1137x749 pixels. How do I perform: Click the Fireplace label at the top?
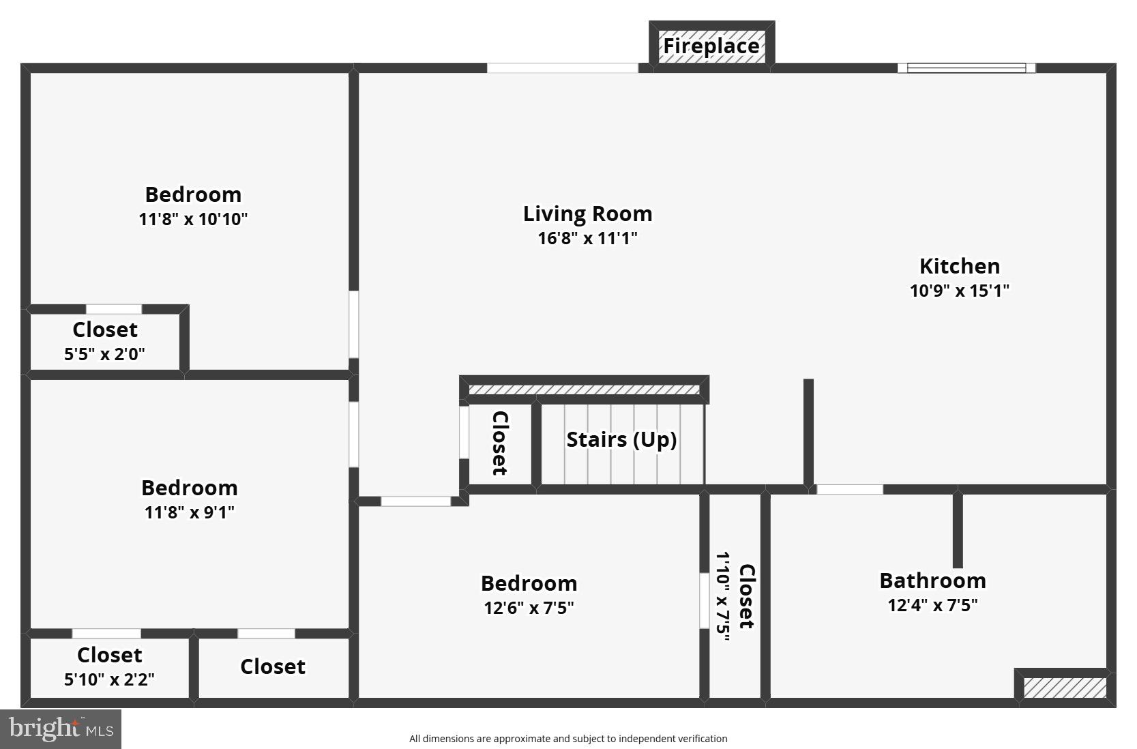711,46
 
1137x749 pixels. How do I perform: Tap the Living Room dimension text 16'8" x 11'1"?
587,238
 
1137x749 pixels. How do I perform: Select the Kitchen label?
959,266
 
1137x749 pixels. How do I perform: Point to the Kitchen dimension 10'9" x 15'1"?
959,291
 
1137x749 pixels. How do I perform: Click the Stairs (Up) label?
621,439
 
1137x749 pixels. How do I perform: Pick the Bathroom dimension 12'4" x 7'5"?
932,605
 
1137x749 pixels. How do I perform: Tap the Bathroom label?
932,581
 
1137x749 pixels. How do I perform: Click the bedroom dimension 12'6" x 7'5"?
529,608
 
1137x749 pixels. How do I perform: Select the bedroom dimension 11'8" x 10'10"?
193,219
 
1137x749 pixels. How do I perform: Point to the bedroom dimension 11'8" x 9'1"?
189,512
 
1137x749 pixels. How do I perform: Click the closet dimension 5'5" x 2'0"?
104,354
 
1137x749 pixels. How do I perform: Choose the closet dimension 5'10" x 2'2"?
109,679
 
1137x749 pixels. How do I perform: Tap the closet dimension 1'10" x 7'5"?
722,597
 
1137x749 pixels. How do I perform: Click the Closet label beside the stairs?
500,443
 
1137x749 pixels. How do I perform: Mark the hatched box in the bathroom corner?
1064,688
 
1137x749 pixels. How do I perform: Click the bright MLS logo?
61,729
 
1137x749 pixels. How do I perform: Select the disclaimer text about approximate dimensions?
568,739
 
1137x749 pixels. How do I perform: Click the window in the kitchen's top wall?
966,68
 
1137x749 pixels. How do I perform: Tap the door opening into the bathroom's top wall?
850,489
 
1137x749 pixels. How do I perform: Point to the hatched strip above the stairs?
584,390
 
